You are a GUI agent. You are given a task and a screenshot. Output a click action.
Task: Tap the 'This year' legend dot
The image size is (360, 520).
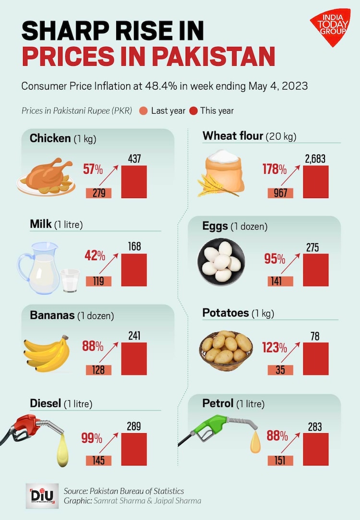tap(193, 111)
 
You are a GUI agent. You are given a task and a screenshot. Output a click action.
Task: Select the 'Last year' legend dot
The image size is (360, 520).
tap(144, 111)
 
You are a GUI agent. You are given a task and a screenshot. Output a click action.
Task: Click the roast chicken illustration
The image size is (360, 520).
tap(46, 177)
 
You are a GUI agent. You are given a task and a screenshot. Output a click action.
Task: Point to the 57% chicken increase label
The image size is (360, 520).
tap(93, 169)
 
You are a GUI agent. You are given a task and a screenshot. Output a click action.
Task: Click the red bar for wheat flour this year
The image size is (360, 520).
tap(316, 182)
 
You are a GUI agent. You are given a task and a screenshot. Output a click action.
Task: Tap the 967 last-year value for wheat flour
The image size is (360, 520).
tap(280, 193)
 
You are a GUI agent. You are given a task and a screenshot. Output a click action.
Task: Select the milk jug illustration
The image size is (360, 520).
tap(38, 268)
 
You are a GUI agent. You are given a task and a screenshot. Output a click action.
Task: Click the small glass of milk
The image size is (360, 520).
tap(70, 280)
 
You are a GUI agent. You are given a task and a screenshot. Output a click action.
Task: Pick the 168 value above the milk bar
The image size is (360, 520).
tap(134, 247)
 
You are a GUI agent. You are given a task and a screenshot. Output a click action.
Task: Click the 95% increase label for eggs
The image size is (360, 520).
tap(275, 259)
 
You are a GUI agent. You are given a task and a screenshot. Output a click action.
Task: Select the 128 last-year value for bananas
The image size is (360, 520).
tap(98, 370)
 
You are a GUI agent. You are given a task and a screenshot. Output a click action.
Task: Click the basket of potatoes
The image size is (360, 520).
tap(226, 350)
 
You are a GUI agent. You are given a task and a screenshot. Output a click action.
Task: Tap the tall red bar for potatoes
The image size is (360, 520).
tap(316, 359)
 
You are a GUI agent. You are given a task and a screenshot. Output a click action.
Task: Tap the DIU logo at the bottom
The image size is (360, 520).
tap(42, 495)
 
